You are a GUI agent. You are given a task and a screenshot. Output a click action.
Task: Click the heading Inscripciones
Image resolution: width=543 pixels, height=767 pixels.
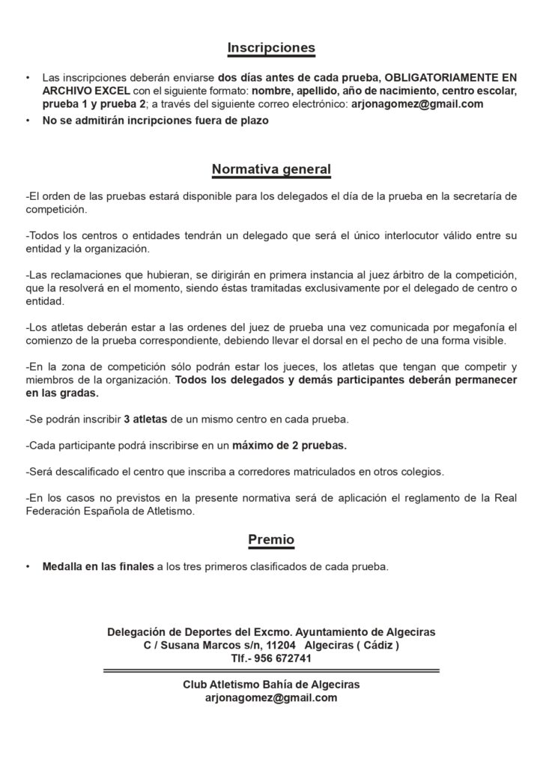pyautogui.click(x=271, y=48)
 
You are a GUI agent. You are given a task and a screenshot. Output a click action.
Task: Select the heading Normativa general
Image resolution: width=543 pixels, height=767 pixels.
pyautogui.click(x=271, y=169)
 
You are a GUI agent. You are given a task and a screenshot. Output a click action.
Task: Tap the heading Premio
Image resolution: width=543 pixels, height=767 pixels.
pyautogui.click(x=271, y=539)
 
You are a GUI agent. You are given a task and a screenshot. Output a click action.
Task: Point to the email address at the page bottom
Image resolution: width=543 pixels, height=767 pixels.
pyautogui.click(x=271, y=697)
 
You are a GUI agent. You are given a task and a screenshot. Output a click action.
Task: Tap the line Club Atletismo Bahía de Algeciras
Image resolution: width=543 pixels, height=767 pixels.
pyautogui.click(x=271, y=685)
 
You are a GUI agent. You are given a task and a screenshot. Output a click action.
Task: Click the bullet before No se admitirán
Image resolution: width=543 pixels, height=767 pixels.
pyautogui.click(x=28, y=121)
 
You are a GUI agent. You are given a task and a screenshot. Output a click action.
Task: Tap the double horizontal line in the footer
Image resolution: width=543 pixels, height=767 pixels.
pyautogui.click(x=271, y=671)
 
